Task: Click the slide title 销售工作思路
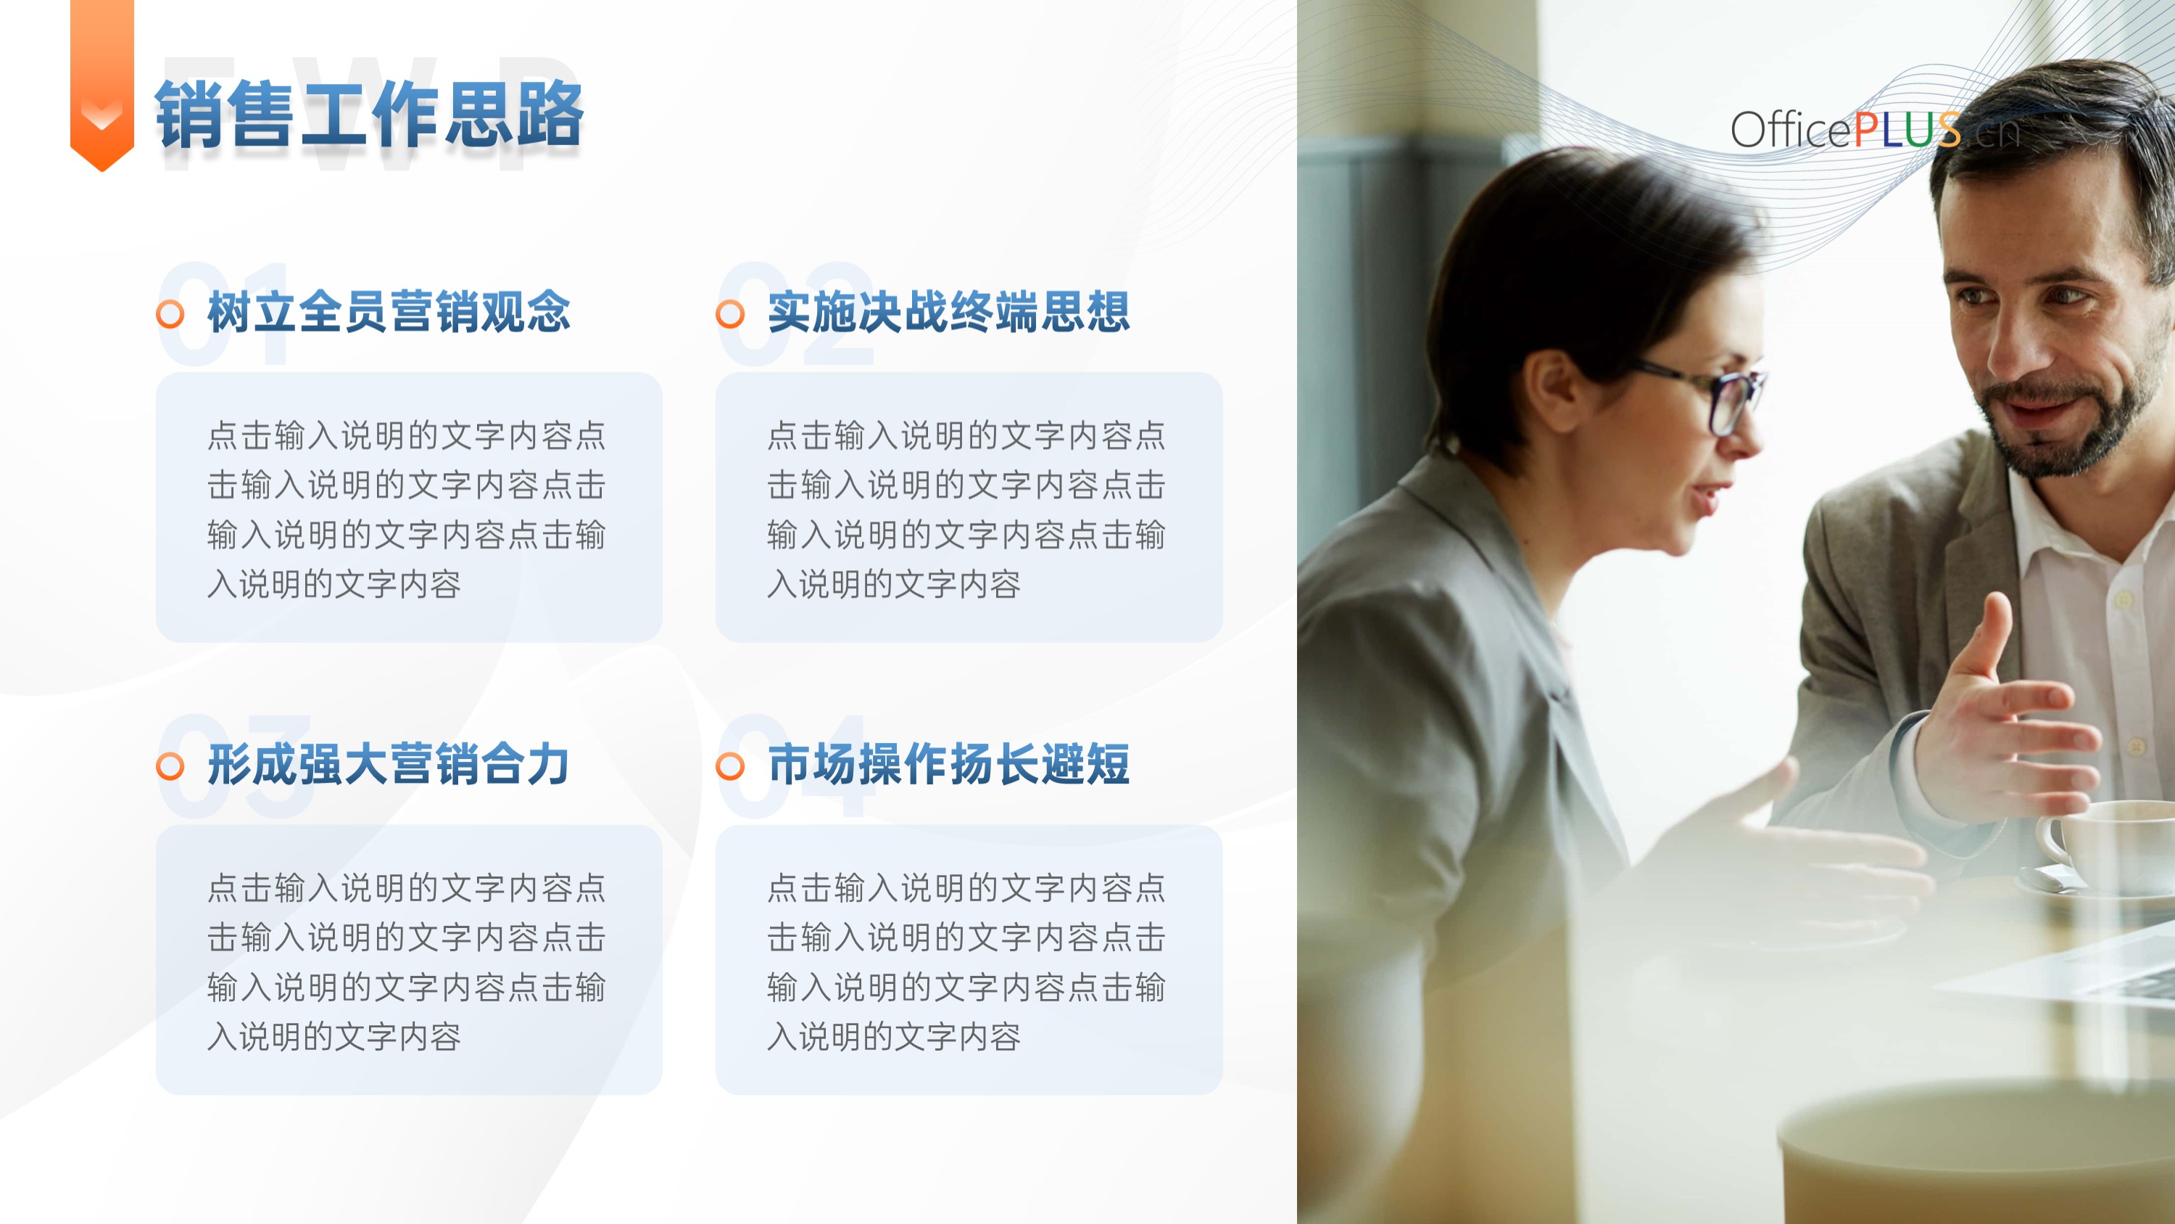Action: [369, 114]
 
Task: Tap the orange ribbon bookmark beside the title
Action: [102, 84]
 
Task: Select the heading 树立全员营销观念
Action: [389, 312]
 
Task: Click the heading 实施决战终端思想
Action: [949, 312]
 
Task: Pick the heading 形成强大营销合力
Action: [389, 765]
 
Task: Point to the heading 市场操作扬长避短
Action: [949, 765]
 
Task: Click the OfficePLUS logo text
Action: [1874, 130]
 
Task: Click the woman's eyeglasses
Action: [1714, 397]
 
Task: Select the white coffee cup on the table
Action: [2107, 845]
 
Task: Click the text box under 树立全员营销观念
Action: [410, 507]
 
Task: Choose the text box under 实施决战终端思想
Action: [969, 507]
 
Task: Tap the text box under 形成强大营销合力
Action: [410, 960]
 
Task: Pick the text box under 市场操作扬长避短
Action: [969, 960]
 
